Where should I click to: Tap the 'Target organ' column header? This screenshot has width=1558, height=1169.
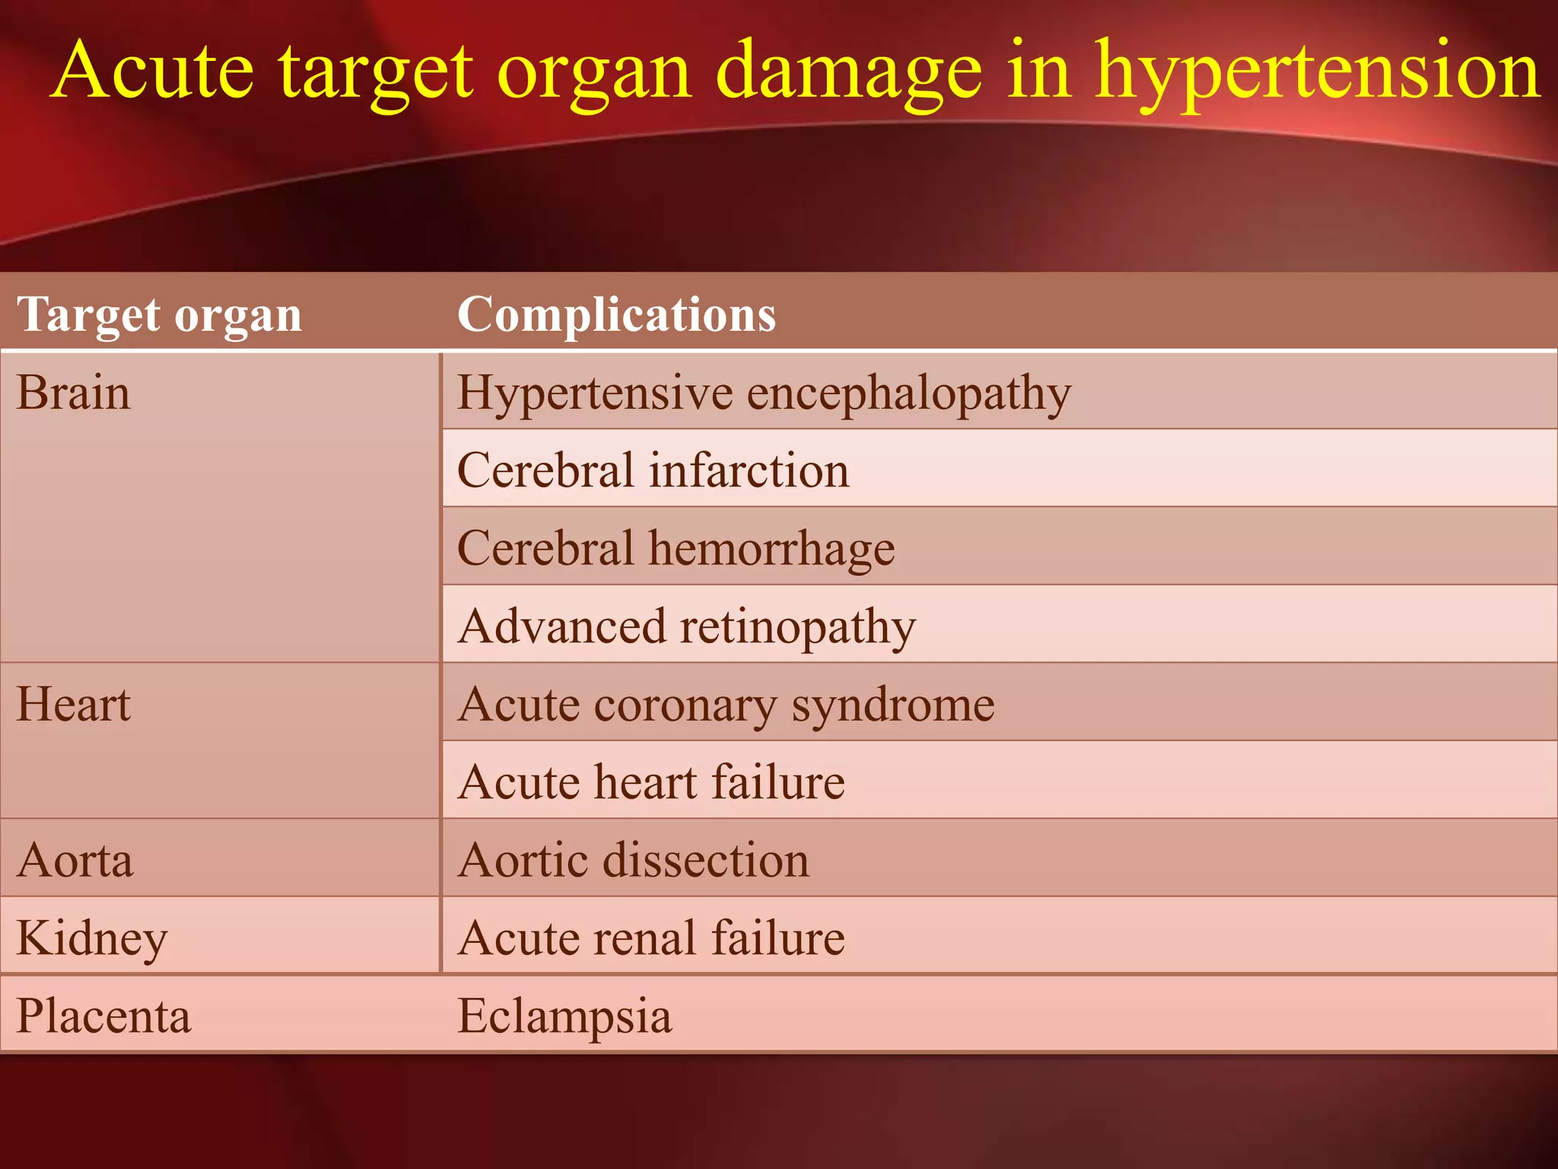point(160,314)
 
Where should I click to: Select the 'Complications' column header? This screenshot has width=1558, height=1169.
point(616,314)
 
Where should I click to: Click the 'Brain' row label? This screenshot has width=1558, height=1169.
point(74,393)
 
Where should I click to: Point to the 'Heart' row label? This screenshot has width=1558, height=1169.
point(74,704)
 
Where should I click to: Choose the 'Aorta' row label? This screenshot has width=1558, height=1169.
point(75,861)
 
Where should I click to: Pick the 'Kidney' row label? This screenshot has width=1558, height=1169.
point(92,938)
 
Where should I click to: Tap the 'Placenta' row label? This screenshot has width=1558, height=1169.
point(103,1016)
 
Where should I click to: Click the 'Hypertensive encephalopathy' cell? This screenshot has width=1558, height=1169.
point(764,393)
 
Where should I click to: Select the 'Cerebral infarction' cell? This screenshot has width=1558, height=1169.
point(653,470)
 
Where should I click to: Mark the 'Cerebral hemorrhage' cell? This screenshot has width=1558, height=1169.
point(676,548)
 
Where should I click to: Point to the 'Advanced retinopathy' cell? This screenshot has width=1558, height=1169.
point(687,626)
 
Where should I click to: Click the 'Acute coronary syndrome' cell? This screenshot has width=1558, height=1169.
point(727,705)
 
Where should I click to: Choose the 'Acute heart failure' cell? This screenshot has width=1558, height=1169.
point(651,782)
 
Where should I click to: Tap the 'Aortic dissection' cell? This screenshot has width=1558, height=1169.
point(634,861)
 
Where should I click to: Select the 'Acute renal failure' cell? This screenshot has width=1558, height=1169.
point(651,938)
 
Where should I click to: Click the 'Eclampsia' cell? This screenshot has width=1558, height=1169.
point(564,1016)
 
